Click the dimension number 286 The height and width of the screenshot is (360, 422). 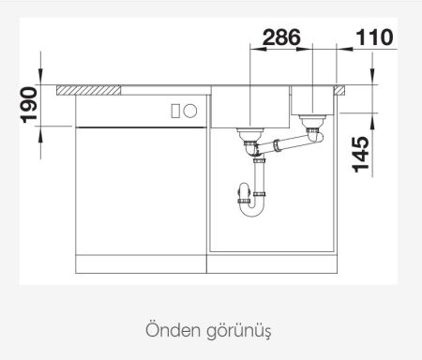click(280, 38)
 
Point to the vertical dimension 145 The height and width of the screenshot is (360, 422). click(360, 153)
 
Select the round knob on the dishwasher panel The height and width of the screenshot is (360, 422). click(193, 110)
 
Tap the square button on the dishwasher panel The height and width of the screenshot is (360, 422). click(176, 110)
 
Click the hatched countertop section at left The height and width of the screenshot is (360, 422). click(89, 90)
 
